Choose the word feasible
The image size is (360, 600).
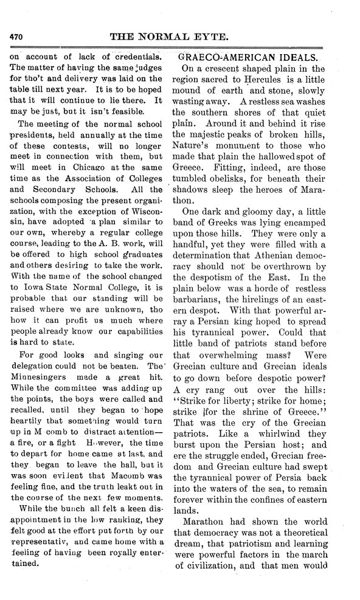point(125,111)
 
